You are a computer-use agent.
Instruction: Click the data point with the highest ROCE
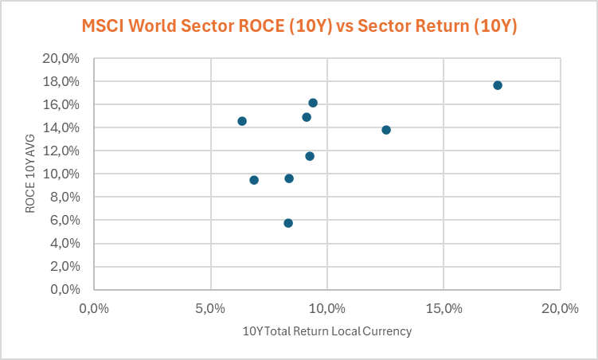coord(498,85)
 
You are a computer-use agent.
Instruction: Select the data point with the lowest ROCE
coord(288,223)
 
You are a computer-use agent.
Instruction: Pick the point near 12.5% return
coord(386,130)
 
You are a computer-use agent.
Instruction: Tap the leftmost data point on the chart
coord(242,121)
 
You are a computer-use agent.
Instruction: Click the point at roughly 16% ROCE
coord(313,103)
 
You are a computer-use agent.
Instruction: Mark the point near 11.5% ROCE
coord(310,156)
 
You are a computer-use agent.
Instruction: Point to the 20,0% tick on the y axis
coord(66,59)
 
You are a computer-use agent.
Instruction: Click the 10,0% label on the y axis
coord(66,174)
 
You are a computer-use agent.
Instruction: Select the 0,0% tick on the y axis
coord(69,289)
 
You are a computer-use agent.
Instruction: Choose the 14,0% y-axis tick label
coord(66,128)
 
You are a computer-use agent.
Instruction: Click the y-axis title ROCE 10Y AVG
coord(30,174)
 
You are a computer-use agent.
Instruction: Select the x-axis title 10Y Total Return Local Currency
coord(327,331)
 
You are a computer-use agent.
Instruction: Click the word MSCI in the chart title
coord(106,26)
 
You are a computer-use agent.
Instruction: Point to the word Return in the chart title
coord(440,26)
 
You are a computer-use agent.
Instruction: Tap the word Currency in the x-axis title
coord(387,331)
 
